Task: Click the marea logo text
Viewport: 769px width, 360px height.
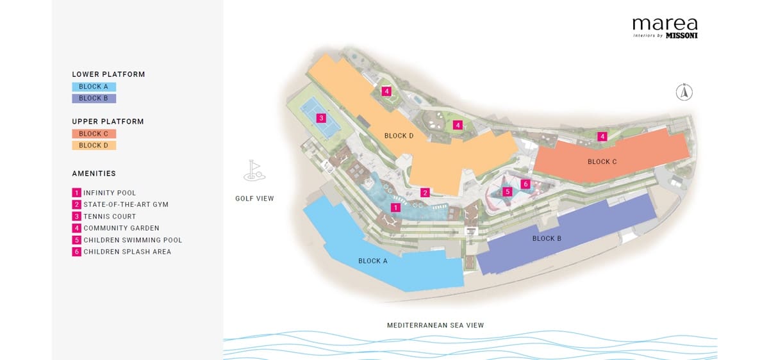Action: coord(665,24)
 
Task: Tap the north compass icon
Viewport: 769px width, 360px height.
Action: coord(684,92)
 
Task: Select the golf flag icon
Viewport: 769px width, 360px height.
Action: coord(254,170)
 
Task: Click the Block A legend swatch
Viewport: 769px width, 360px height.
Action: coord(94,86)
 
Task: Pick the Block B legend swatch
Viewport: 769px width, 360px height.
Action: coord(94,98)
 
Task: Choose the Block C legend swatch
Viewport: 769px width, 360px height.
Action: coord(94,134)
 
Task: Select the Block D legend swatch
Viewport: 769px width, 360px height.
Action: coord(94,145)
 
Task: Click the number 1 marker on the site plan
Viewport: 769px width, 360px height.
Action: coord(396,208)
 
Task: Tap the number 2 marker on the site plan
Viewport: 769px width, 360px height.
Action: coord(424,192)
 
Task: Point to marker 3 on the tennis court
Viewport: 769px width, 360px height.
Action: coord(321,118)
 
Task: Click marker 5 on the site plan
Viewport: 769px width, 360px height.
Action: coord(508,191)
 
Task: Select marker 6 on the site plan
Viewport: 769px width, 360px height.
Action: coord(525,184)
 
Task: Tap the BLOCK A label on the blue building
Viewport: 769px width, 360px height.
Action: coord(373,261)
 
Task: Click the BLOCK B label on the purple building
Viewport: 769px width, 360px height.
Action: coord(547,238)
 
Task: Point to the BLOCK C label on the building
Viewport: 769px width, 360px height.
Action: coord(602,161)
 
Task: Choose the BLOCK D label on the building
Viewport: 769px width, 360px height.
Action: coord(399,136)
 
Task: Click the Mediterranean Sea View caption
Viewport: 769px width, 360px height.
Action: coord(435,325)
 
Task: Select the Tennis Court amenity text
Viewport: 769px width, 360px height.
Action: coord(110,217)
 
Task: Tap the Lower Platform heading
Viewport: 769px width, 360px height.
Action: coord(108,74)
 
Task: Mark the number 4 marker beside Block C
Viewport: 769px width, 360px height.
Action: coord(602,136)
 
